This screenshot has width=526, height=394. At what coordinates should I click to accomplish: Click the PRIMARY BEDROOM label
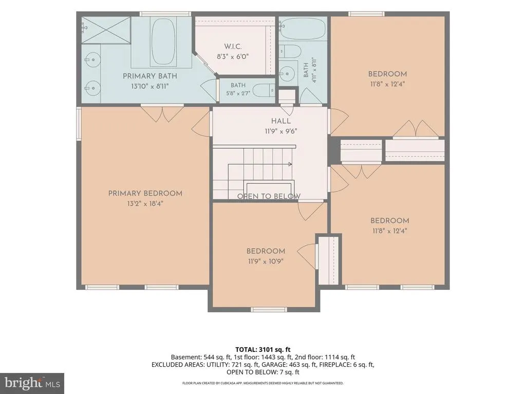(145, 193)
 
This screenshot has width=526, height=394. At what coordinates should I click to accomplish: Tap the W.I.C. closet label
(233, 47)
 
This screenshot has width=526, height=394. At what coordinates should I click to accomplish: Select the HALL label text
(281, 121)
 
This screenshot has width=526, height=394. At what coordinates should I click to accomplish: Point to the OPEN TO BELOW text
(269, 196)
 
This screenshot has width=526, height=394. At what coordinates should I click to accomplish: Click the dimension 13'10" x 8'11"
(149, 86)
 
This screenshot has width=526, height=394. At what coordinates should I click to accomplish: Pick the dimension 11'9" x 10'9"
(266, 261)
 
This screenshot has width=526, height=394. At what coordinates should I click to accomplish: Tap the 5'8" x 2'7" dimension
(238, 93)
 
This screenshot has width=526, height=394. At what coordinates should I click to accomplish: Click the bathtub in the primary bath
(164, 42)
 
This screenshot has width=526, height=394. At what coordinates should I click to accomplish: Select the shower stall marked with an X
(106, 30)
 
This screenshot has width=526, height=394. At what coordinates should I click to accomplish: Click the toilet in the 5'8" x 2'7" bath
(264, 90)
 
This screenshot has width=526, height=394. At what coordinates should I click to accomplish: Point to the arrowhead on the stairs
(290, 164)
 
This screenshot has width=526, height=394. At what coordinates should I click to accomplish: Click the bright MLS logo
(32, 383)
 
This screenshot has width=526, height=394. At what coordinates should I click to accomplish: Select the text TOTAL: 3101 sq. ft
(263, 350)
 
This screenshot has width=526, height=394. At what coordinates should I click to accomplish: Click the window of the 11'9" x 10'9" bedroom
(269, 309)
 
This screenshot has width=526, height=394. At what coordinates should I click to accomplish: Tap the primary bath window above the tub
(165, 14)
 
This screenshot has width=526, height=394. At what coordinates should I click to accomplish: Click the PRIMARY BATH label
(149, 76)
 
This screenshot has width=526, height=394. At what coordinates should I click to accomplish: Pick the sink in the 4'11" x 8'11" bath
(287, 72)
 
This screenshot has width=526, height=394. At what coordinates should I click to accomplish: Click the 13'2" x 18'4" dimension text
(145, 203)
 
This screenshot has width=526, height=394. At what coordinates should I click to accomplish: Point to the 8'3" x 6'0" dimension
(233, 56)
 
